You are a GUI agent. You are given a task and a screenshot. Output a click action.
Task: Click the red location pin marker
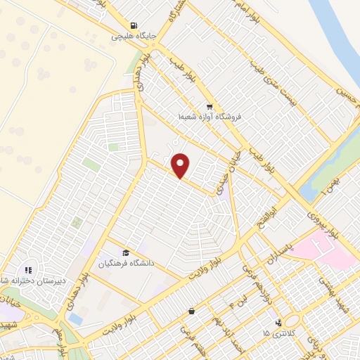pyautogui.click(x=181, y=165)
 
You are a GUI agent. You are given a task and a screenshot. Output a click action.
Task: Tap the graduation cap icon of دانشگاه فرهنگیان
pyautogui.click(x=126, y=253)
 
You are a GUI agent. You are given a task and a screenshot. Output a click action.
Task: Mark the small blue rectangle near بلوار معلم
pyautogui.click(x=75, y=319)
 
